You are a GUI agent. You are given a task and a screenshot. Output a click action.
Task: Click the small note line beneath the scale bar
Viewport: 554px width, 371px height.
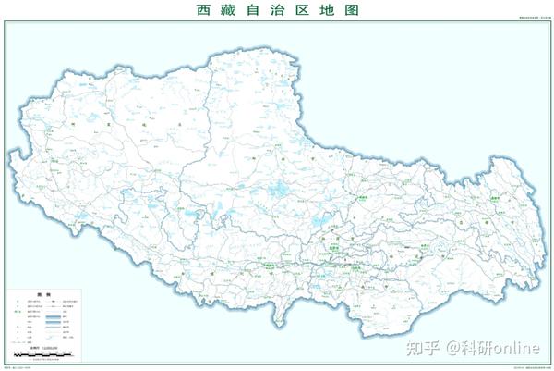click(x=44, y=360)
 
